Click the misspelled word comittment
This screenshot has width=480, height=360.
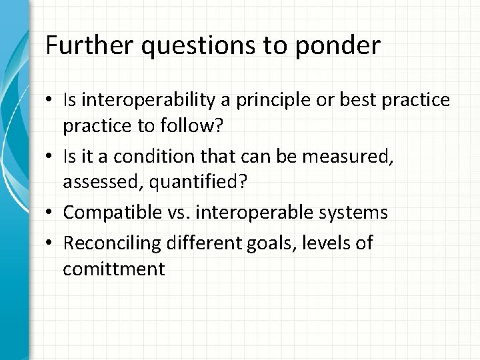tap(113, 269)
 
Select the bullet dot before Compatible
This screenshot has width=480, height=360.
tap(51, 213)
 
